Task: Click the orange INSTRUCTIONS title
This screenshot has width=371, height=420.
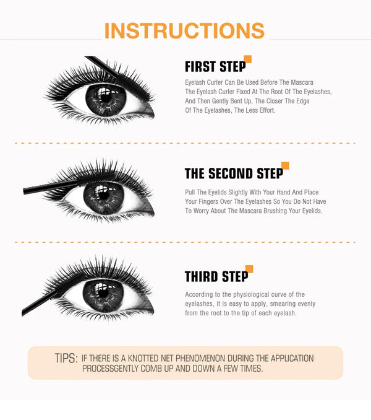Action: pyautogui.click(x=184, y=30)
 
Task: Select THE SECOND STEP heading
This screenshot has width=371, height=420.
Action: pyautogui.click(x=233, y=173)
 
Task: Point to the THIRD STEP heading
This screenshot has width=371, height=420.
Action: pyautogui.click(x=216, y=276)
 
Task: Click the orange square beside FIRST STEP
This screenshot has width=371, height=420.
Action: pyautogui.click(x=248, y=59)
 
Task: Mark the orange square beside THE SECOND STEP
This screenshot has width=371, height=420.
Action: pyautogui.click(x=285, y=165)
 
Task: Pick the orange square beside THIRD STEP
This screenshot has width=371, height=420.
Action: pyautogui.click(x=249, y=269)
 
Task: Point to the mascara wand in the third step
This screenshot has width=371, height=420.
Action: pyautogui.click(x=40, y=303)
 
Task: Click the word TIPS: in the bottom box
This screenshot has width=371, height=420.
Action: pyautogui.click(x=66, y=359)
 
